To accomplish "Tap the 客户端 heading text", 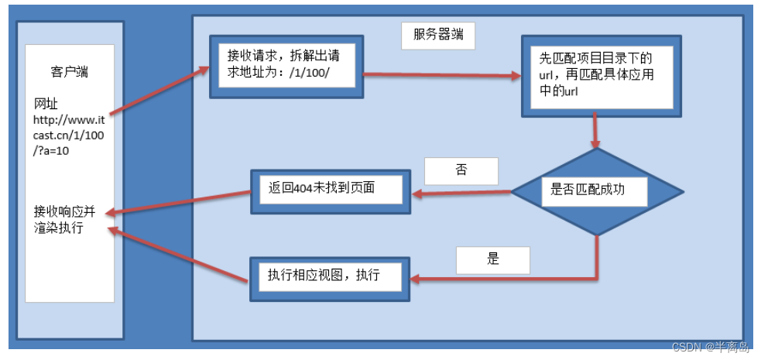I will (x=69, y=72).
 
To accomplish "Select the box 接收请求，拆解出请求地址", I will (x=286, y=67).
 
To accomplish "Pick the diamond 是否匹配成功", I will (x=597, y=190).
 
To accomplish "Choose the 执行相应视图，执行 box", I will (x=328, y=277).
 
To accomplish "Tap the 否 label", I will (x=461, y=170).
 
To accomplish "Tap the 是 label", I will (x=493, y=259).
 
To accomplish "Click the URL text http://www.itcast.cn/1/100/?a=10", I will (x=68, y=136).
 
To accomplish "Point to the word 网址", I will (x=46, y=104).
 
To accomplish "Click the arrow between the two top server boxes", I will (x=441, y=76).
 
